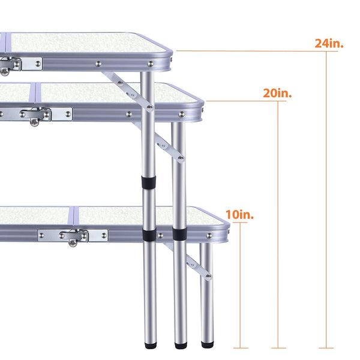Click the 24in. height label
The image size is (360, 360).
pyautogui.click(x=329, y=43)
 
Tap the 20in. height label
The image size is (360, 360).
pyautogui.click(x=277, y=93)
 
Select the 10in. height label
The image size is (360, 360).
pyautogui.click(x=239, y=214)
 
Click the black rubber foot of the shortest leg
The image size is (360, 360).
pyautogui.click(x=208, y=344)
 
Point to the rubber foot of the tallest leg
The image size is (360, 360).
pyautogui.click(x=151, y=345)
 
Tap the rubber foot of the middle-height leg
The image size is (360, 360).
pyautogui.click(x=181, y=346)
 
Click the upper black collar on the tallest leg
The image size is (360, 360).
pyautogui.click(x=149, y=182)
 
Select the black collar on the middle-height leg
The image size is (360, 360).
pyautogui.click(x=179, y=234)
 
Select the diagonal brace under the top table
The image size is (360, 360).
pyautogui.click(x=128, y=92)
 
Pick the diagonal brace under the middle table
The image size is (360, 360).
pyautogui.click(x=159, y=142)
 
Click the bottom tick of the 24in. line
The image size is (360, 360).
pyautogui.click(x=326, y=348)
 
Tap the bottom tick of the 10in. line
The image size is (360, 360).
pyautogui.click(x=241, y=348)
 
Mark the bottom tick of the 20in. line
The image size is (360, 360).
pyautogui.click(x=278, y=348)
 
